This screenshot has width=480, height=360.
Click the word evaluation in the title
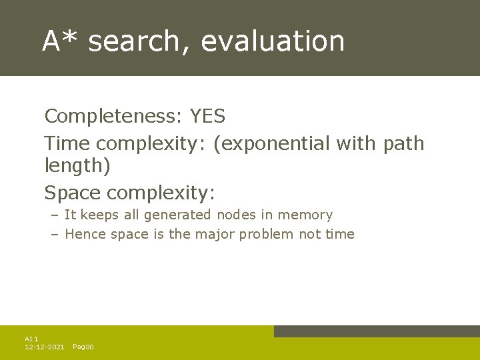273,41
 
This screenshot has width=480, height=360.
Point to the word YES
207,117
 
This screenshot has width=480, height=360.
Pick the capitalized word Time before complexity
67,143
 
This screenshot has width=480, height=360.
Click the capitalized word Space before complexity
73,193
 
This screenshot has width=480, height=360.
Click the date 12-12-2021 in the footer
44,347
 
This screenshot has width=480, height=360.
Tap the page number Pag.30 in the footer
83,347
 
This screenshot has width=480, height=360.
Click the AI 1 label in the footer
31,339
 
